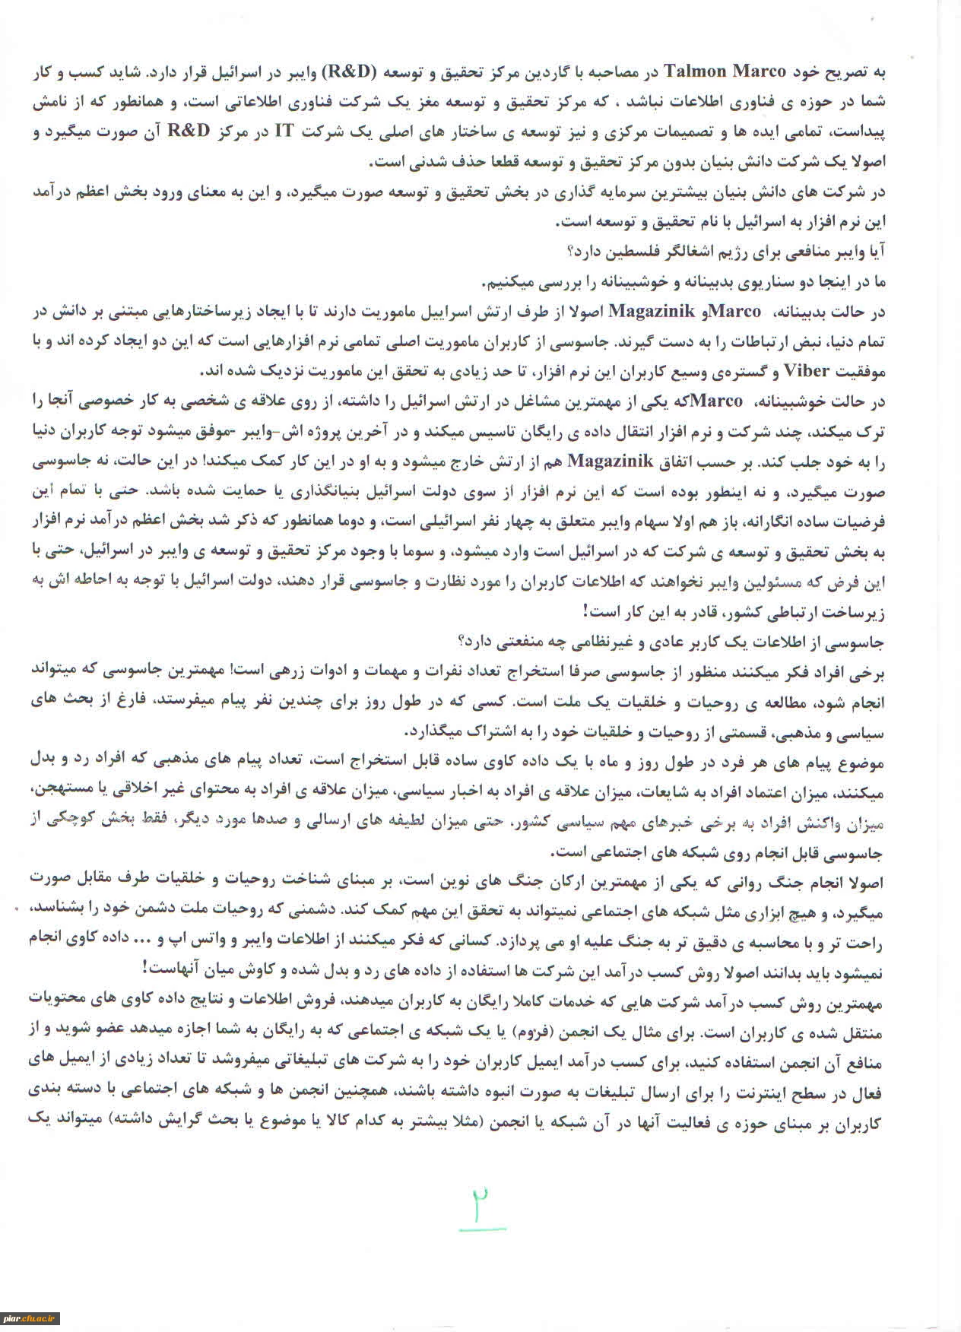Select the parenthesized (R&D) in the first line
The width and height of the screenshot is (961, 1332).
352,71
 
